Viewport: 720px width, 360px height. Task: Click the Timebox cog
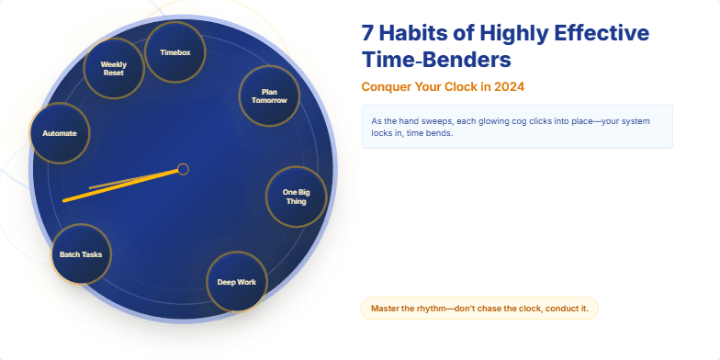(x=174, y=52)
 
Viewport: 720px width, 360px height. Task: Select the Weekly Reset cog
(x=113, y=69)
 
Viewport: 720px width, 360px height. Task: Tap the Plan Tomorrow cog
(x=269, y=96)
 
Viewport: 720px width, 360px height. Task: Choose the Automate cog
(x=60, y=133)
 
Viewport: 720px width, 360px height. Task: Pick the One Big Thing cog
(x=296, y=196)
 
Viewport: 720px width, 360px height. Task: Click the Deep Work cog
(x=236, y=282)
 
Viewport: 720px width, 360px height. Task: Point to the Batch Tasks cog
(x=81, y=253)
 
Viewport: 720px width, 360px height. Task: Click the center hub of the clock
(x=183, y=169)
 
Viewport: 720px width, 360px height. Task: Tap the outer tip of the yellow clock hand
(x=64, y=199)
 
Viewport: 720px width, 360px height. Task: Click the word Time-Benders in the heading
(x=436, y=62)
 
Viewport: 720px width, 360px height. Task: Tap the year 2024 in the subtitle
(x=507, y=87)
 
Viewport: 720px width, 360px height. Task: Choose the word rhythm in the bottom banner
(x=433, y=309)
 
